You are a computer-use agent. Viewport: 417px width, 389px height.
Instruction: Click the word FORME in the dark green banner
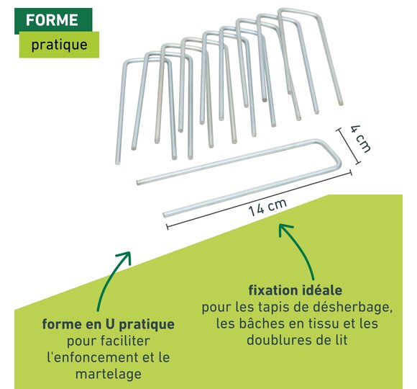(52, 20)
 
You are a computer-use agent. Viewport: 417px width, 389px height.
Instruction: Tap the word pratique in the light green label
(59, 45)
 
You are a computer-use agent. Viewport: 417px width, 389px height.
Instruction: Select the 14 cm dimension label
(267, 207)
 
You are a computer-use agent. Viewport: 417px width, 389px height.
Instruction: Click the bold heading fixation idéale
(295, 290)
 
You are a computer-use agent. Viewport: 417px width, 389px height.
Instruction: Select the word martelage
(109, 375)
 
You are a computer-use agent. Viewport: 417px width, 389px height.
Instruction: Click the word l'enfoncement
(93, 357)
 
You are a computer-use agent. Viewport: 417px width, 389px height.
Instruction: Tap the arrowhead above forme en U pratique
(126, 256)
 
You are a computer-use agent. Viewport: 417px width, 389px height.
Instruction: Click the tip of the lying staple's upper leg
(138, 182)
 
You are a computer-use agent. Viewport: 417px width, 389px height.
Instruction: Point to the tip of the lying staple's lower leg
(165, 214)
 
